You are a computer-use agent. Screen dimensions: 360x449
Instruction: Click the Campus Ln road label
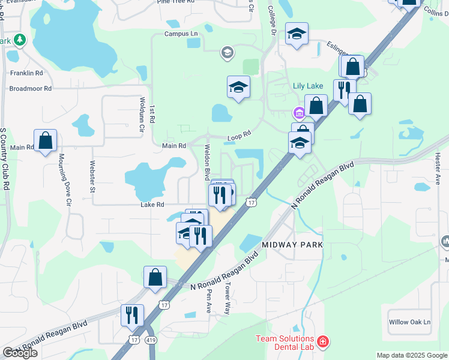(x=181, y=34)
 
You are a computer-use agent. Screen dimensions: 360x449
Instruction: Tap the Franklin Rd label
(x=26, y=73)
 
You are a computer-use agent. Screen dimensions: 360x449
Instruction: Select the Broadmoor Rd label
(x=31, y=88)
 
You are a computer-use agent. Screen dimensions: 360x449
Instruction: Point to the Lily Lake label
(x=308, y=86)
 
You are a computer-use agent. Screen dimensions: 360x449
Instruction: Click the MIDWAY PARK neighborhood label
(x=292, y=245)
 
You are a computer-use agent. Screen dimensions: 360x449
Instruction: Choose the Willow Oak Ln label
(x=409, y=322)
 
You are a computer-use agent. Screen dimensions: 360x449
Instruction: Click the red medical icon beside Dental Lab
(x=323, y=342)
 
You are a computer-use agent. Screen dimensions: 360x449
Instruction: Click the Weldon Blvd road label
(x=206, y=162)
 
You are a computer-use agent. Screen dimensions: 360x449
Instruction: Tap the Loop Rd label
(x=238, y=137)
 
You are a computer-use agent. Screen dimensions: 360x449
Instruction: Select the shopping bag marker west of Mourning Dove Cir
(x=45, y=142)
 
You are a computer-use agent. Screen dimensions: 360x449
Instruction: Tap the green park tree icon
(x=20, y=40)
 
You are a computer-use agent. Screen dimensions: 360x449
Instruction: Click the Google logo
(x=20, y=353)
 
